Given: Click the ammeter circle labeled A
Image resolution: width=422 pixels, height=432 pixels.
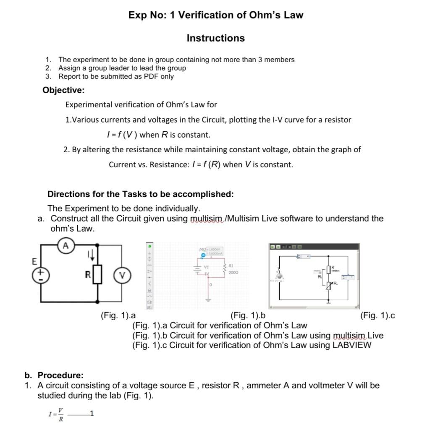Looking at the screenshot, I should point(66,245).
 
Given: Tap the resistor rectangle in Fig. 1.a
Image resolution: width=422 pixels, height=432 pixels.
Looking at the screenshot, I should point(98,275).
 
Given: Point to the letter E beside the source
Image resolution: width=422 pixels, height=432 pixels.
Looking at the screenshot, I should point(34,261).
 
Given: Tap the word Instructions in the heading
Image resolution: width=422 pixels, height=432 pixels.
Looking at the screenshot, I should point(215,38).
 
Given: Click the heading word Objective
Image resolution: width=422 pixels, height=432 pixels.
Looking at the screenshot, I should point(63,90).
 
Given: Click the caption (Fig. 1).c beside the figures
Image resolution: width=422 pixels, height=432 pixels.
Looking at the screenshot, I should point(377,316).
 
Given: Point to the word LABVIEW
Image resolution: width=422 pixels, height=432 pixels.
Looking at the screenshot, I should point(352,345).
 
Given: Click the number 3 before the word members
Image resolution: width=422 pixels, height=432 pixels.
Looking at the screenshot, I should point(260,60).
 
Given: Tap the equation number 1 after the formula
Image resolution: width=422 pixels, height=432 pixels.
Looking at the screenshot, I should point(92,414).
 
